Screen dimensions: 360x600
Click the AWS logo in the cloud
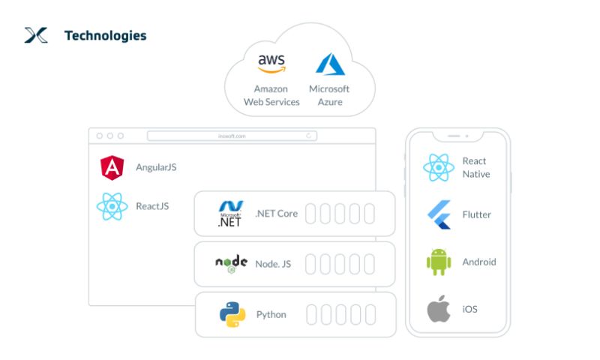tap(271, 63)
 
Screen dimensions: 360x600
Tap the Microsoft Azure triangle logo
tap(330, 64)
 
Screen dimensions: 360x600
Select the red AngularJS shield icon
tap(112, 167)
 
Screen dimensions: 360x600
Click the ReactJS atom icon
tap(112, 206)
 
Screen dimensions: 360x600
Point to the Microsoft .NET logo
tap(230, 214)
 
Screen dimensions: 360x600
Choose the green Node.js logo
tap(231, 263)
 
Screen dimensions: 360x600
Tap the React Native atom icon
tap(439, 167)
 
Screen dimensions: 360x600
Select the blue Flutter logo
tap(439, 214)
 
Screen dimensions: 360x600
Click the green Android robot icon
tap(439, 262)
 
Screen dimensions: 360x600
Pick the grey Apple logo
tap(439, 309)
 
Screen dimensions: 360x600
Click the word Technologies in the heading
tap(106, 35)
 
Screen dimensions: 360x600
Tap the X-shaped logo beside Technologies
tap(36, 34)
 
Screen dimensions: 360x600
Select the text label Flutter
tap(477, 214)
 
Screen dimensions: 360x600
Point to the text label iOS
tap(469, 309)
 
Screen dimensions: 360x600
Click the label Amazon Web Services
tap(271, 95)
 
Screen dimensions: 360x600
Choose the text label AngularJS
tap(156, 167)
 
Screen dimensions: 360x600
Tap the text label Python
tap(271, 314)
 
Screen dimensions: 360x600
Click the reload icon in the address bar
tap(309, 136)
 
